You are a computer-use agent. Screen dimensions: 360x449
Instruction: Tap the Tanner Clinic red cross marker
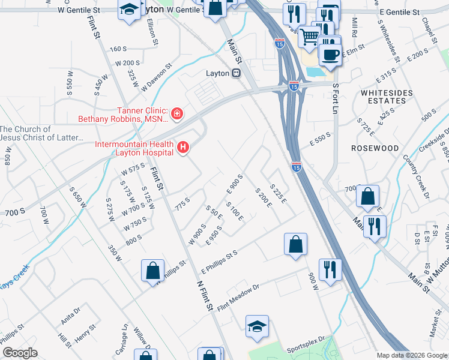click(177, 113)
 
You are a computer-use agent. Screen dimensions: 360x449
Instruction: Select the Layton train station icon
click(237, 73)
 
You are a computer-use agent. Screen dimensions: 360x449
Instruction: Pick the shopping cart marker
click(309, 37)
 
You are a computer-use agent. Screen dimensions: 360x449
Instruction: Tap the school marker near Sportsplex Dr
click(257, 326)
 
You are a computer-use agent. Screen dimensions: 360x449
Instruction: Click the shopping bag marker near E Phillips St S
click(295, 244)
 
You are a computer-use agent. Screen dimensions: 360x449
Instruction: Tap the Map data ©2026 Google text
click(411, 355)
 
